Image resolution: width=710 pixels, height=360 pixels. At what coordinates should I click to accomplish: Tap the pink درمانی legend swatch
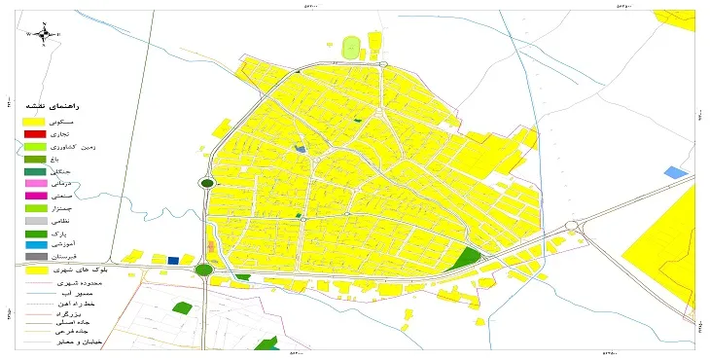pyautogui.click(x=35, y=183)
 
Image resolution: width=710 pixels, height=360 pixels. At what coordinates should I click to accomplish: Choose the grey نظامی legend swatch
pyautogui.click(x=35, y=221)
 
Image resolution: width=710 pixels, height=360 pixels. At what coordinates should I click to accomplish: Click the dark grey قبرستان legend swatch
pyautogui.click(x=35, y=258)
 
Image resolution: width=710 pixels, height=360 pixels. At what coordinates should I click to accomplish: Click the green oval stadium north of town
pyautogui.click(x=351, y=47)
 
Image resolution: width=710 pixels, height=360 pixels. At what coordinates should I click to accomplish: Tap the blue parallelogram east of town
pyautogui.click(x=674, y=172)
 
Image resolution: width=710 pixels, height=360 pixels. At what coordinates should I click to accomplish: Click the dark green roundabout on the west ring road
pyautogui.click(x=207, y=182)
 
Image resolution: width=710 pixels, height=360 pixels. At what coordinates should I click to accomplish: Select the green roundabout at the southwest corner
pyautogui.click(x=204, y=270)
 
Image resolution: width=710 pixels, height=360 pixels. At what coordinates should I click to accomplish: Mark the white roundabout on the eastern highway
pyautogui.click(x=570, y=227)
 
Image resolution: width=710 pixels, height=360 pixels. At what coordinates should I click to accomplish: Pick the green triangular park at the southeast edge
pyautogui.click(x=469, y=258)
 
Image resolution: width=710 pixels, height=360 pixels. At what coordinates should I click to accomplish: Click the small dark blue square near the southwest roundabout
pyautogui.click(x=173, y=260)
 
